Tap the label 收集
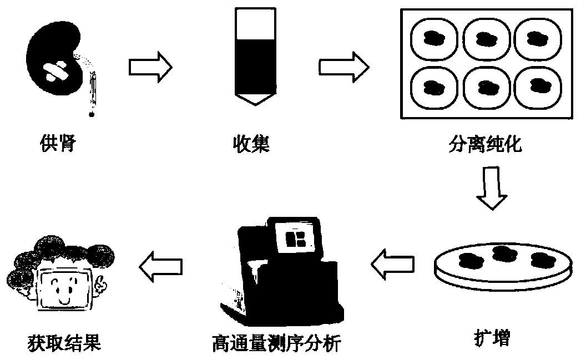point(251,145)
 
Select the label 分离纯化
point(484,145)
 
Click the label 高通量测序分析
point(276,344)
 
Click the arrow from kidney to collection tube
point(150,67)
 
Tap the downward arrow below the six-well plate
point(492,189)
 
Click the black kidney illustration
point(55,67)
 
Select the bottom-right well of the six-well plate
point(535,87)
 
